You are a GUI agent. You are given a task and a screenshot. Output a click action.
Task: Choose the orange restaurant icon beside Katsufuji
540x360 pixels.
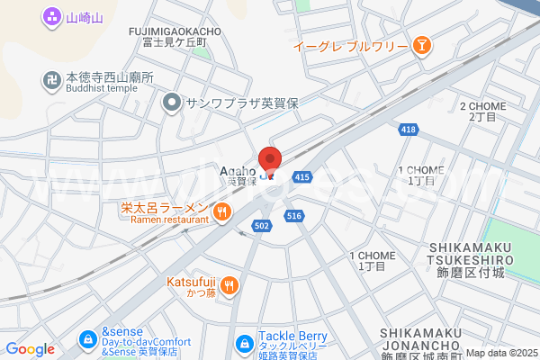point(229,285)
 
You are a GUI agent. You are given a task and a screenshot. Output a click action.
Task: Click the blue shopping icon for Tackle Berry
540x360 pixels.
point(243,343)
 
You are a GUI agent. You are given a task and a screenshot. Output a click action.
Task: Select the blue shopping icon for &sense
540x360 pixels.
point(88,339)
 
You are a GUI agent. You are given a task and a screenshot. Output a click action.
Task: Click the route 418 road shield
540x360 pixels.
point(409,130)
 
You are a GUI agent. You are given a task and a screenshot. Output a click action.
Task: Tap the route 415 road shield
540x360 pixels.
point(301,177)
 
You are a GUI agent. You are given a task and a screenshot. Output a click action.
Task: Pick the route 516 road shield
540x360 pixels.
point(293,216)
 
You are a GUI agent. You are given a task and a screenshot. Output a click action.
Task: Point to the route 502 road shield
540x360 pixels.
point(262,225)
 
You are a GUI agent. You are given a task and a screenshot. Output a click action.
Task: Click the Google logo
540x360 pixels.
point(30,349)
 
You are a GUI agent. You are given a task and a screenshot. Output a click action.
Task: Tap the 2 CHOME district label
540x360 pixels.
point(482,112)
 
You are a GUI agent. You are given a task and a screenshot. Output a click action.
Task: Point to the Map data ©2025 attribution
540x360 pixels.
point(501,353)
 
